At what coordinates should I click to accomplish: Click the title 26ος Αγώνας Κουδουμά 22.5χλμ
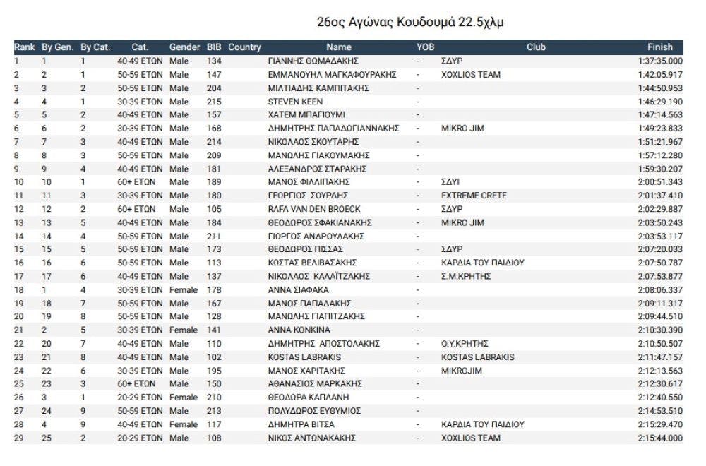pyautogui.click(x=412, y=23)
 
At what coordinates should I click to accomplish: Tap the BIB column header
pyautogui.click(x=214, y=47)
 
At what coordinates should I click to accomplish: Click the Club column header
pyautogui.click(x=536, y=47)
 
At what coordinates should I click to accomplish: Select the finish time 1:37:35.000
pyautogui.click(x=660, y=61)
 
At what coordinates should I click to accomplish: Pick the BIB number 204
pyautogui.click(x=214, y=88)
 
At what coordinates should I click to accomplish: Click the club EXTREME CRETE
pyautogui.click(x=473, y=195)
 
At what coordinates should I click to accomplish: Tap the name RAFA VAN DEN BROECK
pyautogui.click(x=314, y=208)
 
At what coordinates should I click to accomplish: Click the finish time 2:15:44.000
pyautogui.click(x=660, y=438)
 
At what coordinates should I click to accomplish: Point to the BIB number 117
pyautogui.click(x=214, y=424)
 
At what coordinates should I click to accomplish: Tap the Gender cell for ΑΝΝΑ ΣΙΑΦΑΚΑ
pyautogui.click(x=184, y=289)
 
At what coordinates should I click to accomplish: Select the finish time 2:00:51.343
pyautogui.click(x=660, y=181)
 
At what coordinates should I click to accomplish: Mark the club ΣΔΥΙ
pyautogui.click(x=451, y=181)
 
